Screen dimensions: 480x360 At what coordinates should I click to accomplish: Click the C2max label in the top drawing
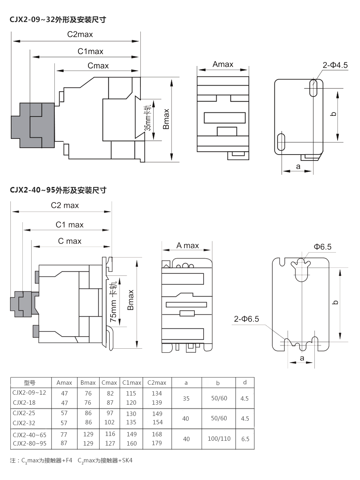click(x=80, y=34)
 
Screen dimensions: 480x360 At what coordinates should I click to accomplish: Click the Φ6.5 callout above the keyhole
click(x=322, y=247)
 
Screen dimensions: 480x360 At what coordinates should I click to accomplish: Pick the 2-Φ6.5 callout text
click(x=247, y=319)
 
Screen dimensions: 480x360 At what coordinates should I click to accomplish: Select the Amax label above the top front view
click(x=223, y=64)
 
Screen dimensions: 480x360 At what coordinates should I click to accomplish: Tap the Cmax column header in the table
click(x=109, y=383)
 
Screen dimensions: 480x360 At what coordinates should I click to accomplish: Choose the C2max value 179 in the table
click(x=157, y=443)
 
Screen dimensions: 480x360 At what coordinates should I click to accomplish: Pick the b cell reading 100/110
click(x=219, y=439)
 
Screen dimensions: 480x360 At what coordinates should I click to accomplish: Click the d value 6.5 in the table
click(x=245, y=439)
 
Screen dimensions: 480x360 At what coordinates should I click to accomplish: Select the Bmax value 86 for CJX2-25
click(x=88, y=413)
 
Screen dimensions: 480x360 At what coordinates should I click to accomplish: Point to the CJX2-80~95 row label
click(x=30, y=443)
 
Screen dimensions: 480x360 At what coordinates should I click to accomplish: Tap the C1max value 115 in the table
click(x=131, y=393)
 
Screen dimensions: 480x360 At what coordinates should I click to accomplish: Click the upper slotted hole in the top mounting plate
click(x=314, y=88)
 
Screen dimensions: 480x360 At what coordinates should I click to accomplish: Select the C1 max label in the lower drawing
click(x=70, y=225)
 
